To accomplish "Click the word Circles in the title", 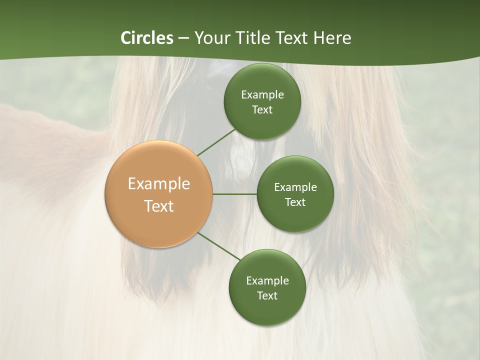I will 146,38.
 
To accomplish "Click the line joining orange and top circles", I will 217,142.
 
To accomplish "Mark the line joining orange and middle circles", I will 235,194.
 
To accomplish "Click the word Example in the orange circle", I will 159,184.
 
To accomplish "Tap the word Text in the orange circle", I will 159,206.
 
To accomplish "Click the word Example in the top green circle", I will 262,95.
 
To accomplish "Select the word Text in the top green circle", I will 262,110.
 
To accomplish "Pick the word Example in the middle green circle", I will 295,187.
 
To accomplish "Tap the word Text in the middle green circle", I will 295,202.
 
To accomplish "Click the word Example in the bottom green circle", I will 267,281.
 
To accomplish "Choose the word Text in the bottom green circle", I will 267,296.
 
